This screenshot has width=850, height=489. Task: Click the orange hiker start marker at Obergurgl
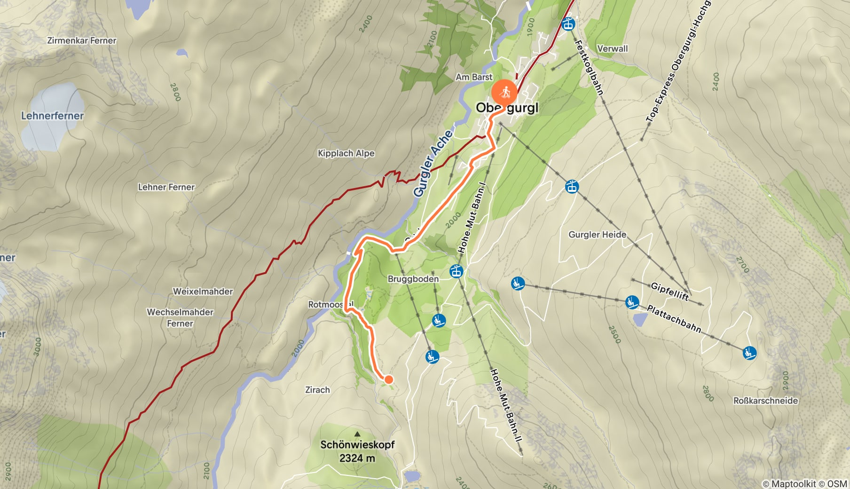(x=504, y=93)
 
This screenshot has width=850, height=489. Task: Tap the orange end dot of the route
(x=389, y=379)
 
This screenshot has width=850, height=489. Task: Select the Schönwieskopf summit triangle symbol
(x=357, y=434)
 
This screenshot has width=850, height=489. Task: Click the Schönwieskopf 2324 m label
(x=357, y=451)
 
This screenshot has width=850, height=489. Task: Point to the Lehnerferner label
(x=52, y=116)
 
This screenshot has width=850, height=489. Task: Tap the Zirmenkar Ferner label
(x=82, y=40)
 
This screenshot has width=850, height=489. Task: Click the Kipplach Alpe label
(x=346, y=153)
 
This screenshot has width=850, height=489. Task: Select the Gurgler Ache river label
(x=433, y=163)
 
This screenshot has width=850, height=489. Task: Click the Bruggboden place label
(x=413, y=279)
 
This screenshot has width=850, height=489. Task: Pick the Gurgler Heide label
(x=597, y=235)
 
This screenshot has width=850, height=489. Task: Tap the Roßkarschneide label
(x=765, y=401)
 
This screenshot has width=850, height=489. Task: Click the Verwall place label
(x=612, y=48)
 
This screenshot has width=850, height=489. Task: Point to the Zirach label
(x=317, y=390)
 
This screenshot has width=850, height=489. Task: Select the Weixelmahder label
(x=203, y=292)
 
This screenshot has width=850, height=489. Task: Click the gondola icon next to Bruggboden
(x=456, y=271)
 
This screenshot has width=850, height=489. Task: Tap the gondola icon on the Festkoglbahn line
(x=569, y=24)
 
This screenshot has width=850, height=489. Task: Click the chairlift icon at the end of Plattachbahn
(x=749, y=353)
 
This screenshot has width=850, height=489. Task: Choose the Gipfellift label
(x=669, y=292)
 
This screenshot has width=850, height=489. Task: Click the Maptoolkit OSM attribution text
(x=804, y=483)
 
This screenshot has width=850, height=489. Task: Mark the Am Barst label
(x=474, y=77)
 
